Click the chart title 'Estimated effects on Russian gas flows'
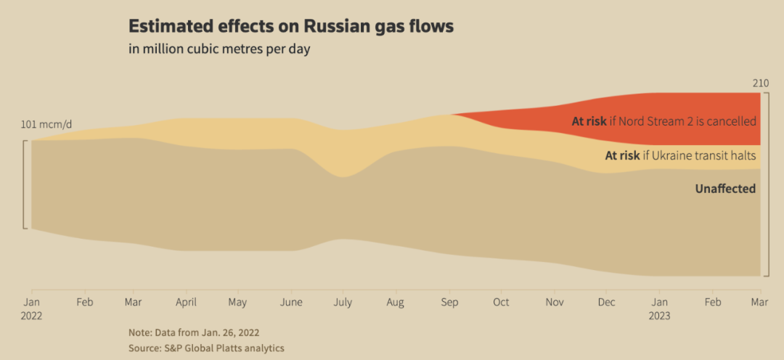[291, 27]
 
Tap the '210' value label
[760, 84]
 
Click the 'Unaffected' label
[725, 189]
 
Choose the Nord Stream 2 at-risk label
[663, 121]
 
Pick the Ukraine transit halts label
[680, 155]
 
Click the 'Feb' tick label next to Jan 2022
[85, 302]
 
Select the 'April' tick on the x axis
[186, 302]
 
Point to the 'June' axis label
[291, 302]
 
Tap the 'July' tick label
[343, 302]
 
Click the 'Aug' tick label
[395, 302]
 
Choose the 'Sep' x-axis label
[450, 302]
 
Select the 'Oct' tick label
[502, 302]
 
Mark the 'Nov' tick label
[555, 302]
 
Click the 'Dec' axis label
[607, 302]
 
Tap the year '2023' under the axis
[659, 316]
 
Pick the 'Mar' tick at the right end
[759, 302]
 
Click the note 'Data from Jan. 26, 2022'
[194, 332]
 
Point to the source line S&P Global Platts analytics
[206, 348]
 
